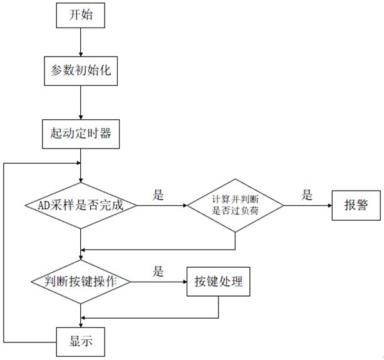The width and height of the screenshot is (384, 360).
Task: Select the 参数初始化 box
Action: [81, 71]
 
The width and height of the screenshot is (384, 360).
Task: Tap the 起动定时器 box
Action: [81, 134]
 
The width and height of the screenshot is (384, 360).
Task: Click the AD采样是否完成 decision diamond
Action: [81, 205]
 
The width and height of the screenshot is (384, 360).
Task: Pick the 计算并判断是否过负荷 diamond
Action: [236, 205]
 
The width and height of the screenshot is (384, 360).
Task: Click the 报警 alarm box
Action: [355, 205]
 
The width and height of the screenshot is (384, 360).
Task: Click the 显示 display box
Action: [81, 342]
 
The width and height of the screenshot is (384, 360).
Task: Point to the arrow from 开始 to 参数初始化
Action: [81, 43]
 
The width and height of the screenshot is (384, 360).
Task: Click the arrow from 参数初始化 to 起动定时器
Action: [81, 102]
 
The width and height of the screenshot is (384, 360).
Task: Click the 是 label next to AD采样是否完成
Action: [158, 195]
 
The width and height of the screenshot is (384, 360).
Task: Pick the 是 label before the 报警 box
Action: [306, 195]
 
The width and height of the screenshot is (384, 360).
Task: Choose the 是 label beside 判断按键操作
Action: [158, 272]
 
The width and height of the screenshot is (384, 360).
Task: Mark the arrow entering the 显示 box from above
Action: [81, 317]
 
